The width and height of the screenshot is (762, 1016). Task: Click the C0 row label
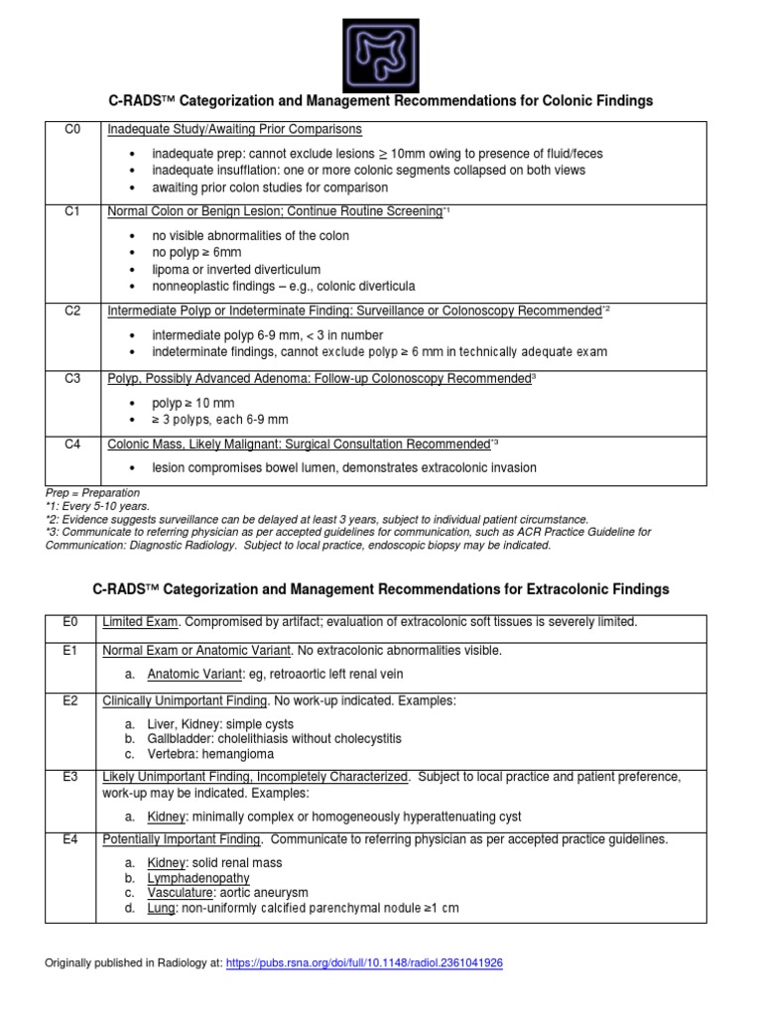[x=72, y=130]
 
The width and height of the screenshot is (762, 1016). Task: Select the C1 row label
[x=72, y=212]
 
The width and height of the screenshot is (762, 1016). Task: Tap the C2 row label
[x=72, y=312]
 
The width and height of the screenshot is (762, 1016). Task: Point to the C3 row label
[x=72, y=379]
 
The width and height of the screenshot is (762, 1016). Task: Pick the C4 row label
[x=72, y=444]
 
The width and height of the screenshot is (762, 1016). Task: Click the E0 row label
[x=70, y=622]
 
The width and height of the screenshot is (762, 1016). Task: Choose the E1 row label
[x=70, y=651]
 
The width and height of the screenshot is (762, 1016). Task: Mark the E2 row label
[x=70, y=701]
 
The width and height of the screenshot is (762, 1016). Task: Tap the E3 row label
[x=70, y=776]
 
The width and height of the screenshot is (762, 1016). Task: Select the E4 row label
[x=70, y=840]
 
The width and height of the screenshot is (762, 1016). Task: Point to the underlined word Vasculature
[x=183, y=893]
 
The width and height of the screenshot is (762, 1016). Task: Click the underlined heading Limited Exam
[x=141, y=622]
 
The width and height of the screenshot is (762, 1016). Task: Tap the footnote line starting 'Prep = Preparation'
[x=93, y=493]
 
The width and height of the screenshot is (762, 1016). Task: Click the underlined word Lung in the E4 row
[x=160, y=908]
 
